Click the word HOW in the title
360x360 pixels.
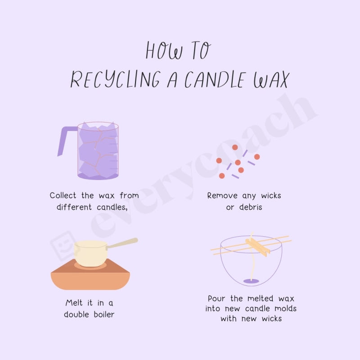[164, 51]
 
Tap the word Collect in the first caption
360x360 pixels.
[63, 196]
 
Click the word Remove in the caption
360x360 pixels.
[222, 196]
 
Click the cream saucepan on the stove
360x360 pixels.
[90, 253]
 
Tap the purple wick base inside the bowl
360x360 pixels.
[251, 281]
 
